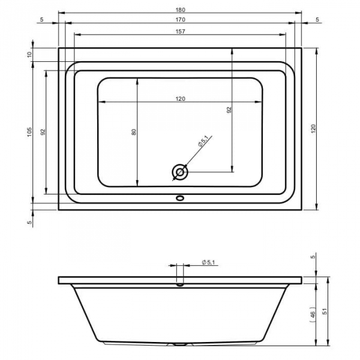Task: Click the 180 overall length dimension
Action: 180,10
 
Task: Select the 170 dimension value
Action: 180,20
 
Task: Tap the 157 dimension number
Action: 180,31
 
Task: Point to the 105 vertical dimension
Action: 29,132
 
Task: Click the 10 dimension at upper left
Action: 29,55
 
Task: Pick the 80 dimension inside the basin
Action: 134,132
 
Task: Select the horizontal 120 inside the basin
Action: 180,99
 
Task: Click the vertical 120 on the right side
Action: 313,129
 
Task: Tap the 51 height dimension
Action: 325,311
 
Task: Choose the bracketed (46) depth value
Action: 313,314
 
